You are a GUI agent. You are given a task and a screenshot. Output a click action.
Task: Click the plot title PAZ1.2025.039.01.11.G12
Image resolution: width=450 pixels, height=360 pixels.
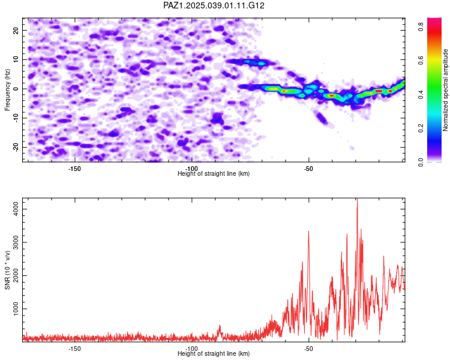point(214,5)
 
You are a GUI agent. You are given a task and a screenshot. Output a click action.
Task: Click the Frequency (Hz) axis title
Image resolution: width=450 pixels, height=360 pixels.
point(7,90)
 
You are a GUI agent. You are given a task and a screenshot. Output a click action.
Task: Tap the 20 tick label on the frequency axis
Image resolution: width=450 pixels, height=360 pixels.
point(16,30)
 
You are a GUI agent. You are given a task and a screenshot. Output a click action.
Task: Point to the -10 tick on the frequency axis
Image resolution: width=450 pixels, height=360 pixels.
point(16,118)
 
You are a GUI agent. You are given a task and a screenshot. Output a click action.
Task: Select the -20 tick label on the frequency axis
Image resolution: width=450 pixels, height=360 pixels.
point(16,147)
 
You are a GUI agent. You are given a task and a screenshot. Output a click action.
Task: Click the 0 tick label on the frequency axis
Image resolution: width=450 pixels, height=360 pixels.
point(16,89)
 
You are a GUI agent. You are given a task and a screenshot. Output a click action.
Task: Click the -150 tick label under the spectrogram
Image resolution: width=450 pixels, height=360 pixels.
point(74,169)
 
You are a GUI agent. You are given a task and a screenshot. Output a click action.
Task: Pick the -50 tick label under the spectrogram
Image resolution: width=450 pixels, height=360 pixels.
point(308,169)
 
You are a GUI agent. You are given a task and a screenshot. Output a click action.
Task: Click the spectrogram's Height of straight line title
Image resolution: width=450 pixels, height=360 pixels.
point(214,173)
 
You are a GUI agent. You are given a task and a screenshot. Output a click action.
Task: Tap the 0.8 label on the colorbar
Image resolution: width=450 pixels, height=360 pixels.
point(421,27)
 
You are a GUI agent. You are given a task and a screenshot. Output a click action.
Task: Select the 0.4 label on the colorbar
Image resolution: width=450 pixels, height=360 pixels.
point(421,94)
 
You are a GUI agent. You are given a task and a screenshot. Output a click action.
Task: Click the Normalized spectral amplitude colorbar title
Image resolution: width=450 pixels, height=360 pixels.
point(445,90)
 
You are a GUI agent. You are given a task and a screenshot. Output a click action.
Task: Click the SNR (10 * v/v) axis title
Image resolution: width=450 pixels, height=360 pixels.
point(7,270)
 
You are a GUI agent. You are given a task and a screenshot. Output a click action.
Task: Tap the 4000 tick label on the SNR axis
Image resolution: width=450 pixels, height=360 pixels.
point(16,209)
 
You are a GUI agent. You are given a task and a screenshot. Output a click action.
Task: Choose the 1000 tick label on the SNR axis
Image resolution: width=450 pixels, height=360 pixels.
point(16,308)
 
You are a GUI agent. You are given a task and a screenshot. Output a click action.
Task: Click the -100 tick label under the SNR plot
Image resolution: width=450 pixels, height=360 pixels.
point(191,349)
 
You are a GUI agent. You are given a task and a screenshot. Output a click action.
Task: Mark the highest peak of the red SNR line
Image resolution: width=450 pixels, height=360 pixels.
point(358,199)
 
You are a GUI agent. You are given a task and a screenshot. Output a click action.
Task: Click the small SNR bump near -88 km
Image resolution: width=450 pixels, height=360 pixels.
point(220,327)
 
